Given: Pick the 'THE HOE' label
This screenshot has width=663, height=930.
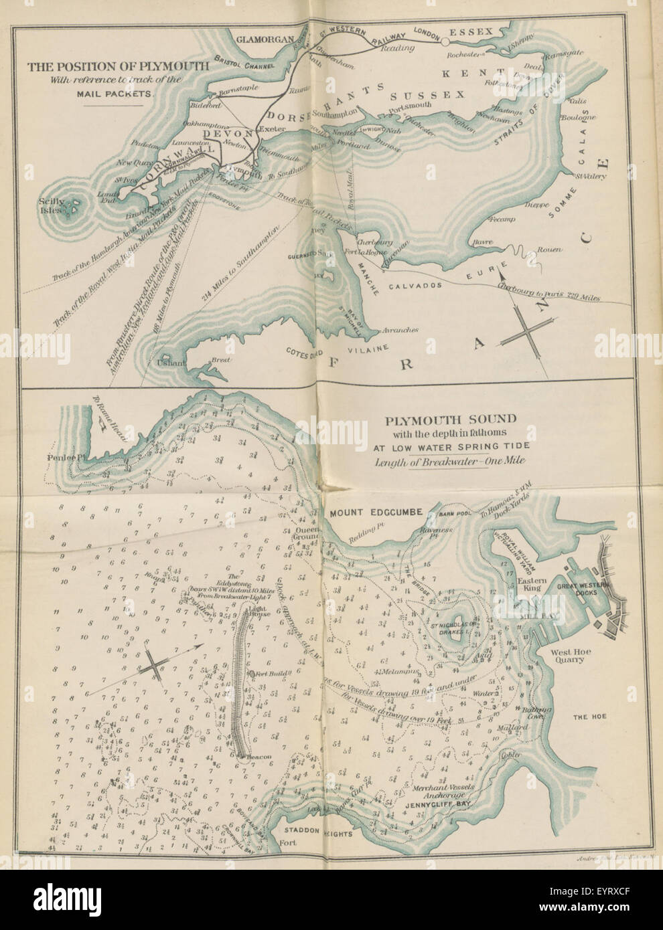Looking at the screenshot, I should (589, 717).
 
